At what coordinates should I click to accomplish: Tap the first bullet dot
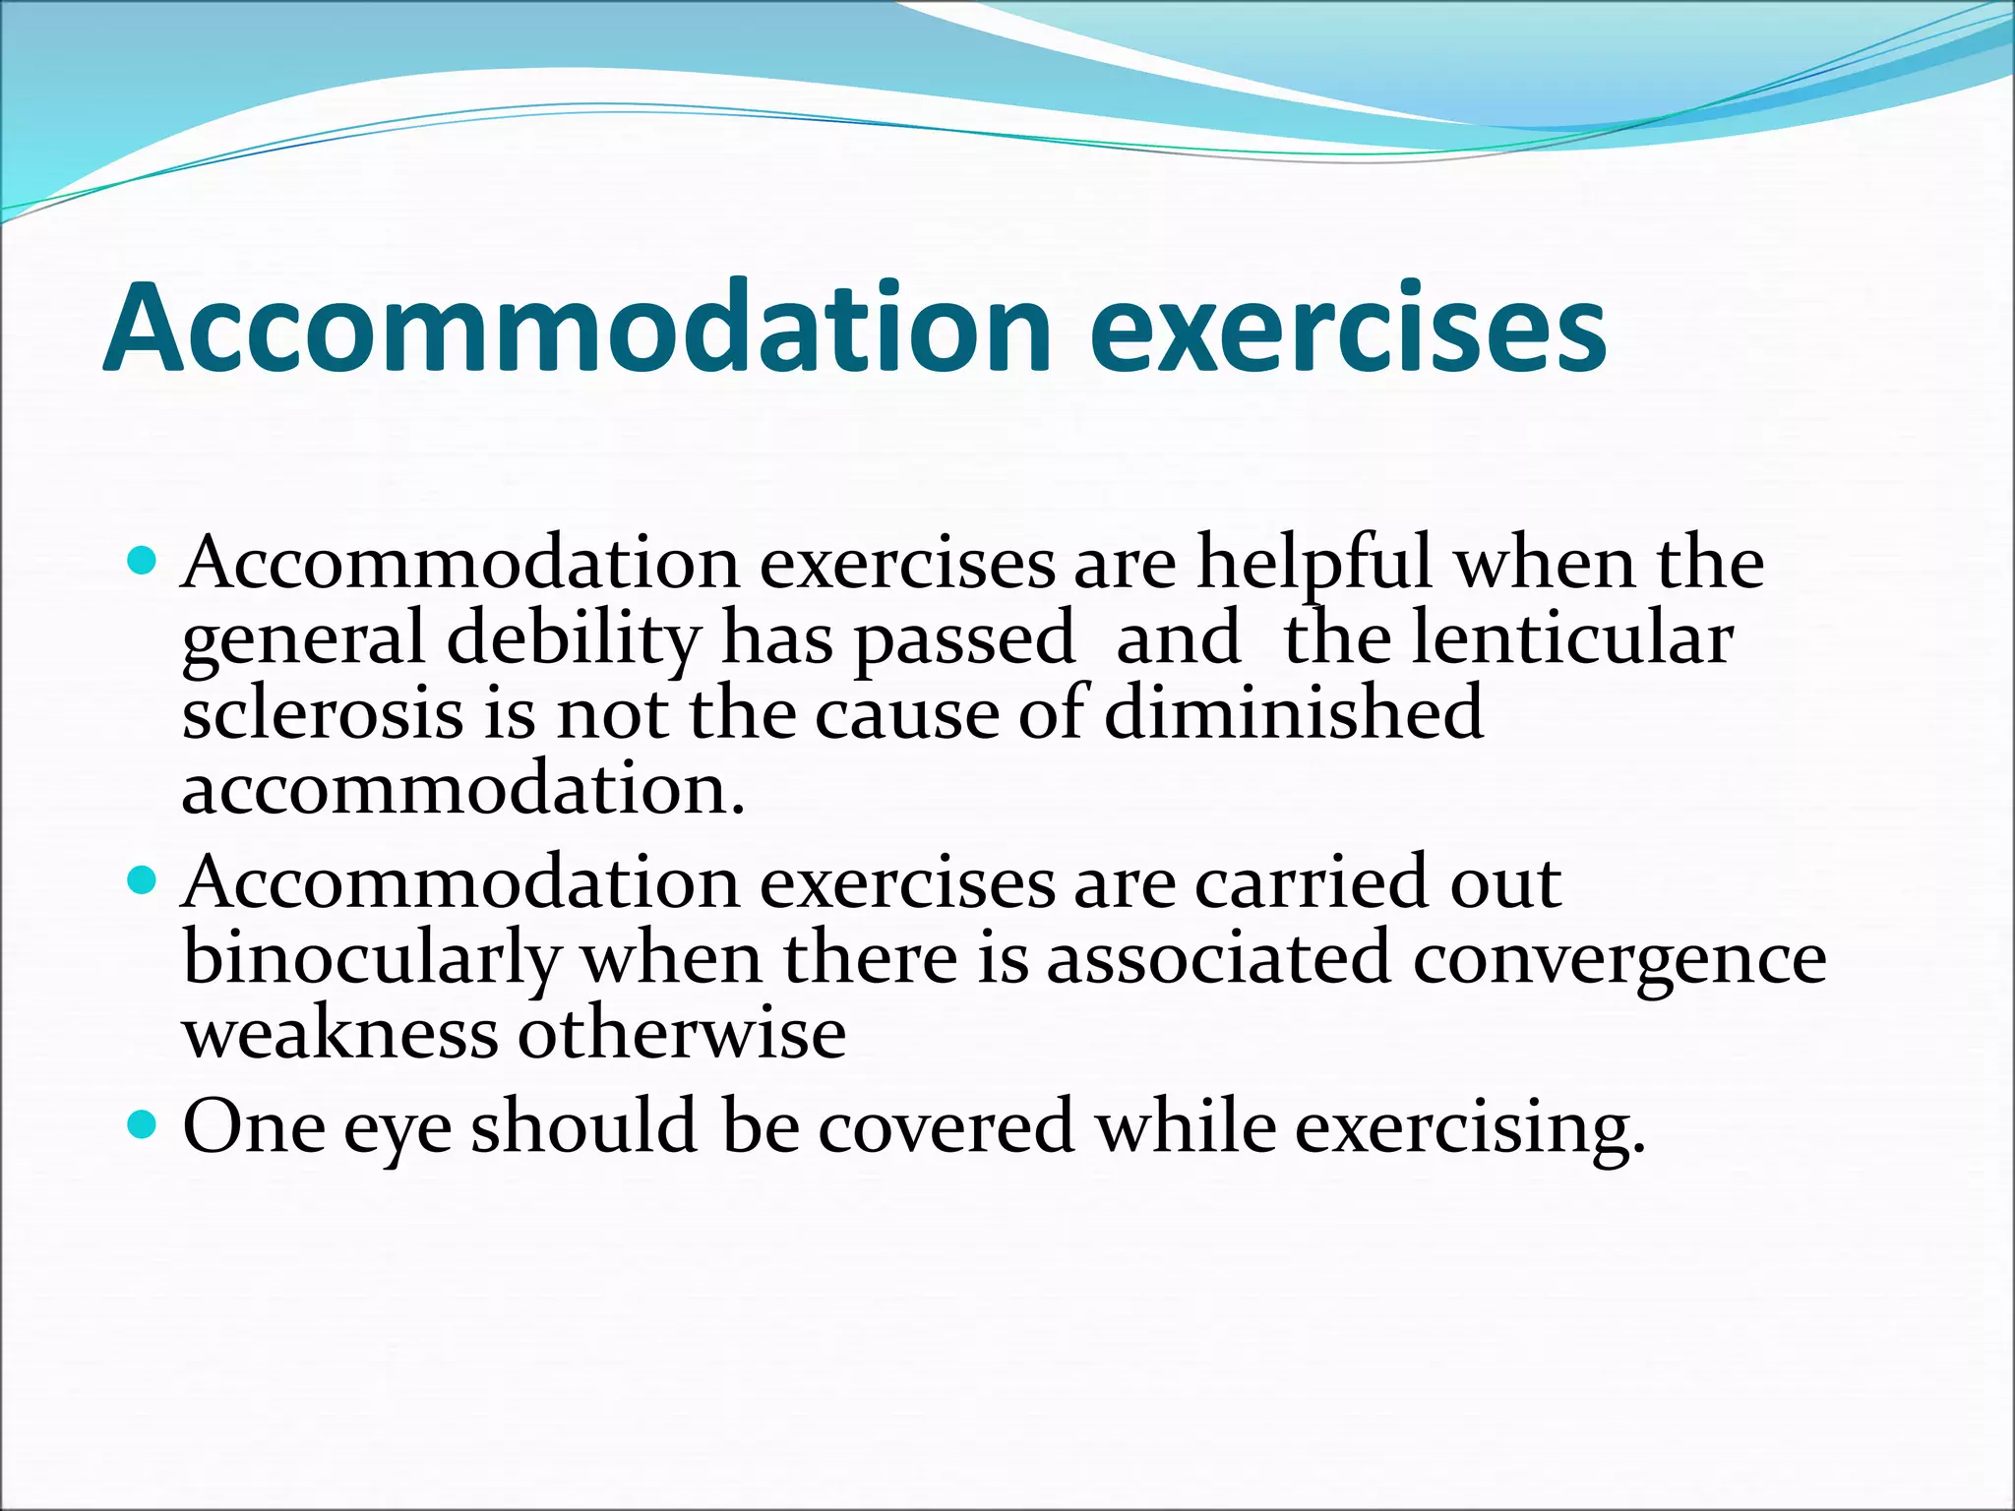tap(143, 562)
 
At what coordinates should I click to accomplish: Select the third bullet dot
tap(143, 1123)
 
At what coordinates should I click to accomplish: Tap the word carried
tap(1310, 882)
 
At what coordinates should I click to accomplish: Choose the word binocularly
tap(371, 959)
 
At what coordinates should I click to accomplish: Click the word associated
tap(1218, 959)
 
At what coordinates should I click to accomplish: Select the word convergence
tap(1619, 961)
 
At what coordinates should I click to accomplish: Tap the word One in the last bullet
tap(254, 1126)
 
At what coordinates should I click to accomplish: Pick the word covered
tap(946, 1126)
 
